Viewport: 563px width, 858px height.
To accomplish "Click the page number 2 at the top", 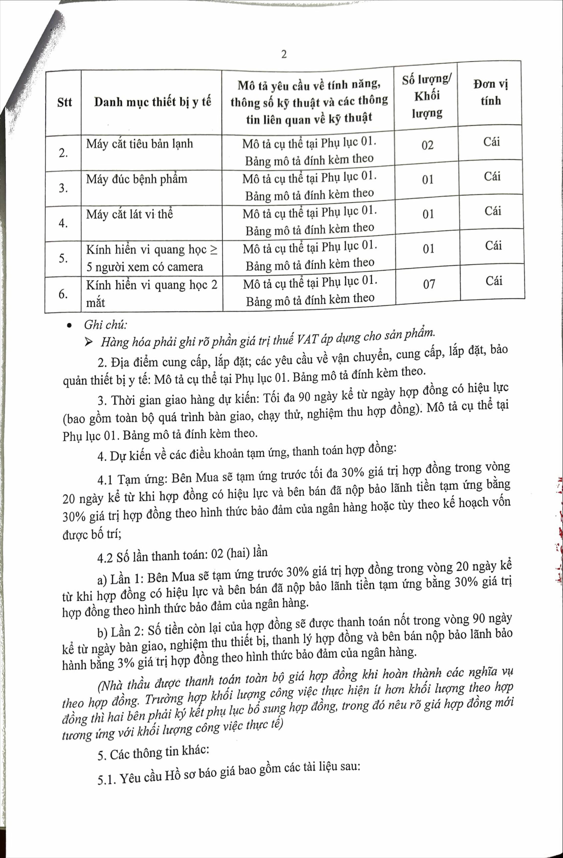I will tap(284, 55).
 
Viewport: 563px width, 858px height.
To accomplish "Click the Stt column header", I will tap(65, 102).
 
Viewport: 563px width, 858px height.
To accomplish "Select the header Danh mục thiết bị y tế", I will tap(153, 102).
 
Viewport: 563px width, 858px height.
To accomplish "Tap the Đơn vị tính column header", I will tap(491, 93).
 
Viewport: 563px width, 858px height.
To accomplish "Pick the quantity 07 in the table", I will tap(429, 284).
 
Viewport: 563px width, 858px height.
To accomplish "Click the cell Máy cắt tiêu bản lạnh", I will tap(140, 144).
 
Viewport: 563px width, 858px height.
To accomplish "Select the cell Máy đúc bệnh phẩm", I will tap(137, 179).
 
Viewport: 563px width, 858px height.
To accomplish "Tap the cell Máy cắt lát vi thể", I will tap(129, 214).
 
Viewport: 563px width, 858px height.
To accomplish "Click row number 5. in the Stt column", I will tap(63, 258).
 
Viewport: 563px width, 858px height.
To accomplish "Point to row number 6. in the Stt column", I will tap(63, 294).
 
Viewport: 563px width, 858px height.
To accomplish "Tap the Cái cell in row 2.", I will tap(492, 142).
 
